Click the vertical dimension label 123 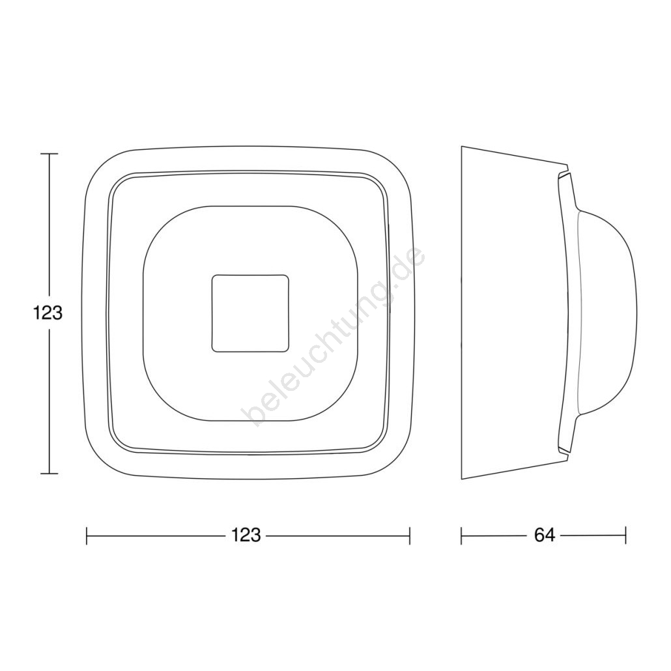[48, 313]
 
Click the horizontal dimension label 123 [246, 535]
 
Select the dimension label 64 [545, 535]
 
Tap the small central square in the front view [250, 313]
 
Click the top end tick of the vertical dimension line [50, 154]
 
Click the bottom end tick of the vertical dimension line [50, 474]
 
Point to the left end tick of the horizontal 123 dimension [87, 535]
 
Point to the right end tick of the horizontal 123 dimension [410, 535]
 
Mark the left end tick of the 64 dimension [461, 535]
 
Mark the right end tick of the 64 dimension [625, 535]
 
